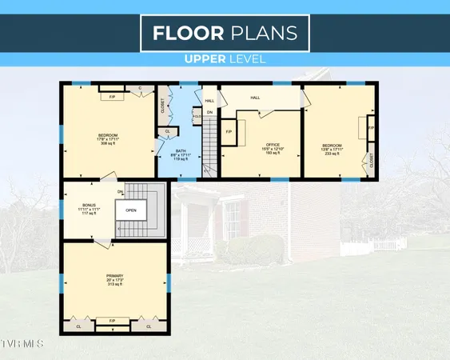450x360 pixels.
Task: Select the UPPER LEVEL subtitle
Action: [x=225, y=58]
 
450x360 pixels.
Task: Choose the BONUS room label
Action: [x=88, y=206]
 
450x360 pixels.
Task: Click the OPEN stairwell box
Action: [x=130, y=211]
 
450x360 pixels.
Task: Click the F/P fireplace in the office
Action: [x=228, y=132]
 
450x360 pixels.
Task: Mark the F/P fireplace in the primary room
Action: [x=112, y=322]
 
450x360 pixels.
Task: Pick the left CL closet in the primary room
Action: [x=78, y=326]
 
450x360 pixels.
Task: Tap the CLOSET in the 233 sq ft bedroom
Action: [x=372, y=162]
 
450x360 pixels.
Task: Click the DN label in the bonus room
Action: [x=121, y=192]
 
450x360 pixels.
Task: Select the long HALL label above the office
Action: [x=255, y=98]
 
